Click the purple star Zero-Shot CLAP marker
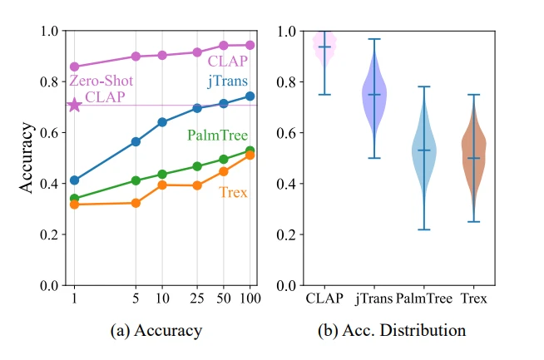tap(75, 105)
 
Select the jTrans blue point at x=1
tap(75, 180)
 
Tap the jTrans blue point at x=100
tap(250, 96)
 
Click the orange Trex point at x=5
tap(136, 203)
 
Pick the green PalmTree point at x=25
tap(197, 166)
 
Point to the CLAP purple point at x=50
tap(223, 46)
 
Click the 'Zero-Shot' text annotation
tap(97, 81)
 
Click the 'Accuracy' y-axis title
tap(27, 158)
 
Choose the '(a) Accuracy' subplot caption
tap(156, 331)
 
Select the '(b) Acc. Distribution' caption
tap(393, 331)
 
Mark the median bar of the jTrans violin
tap(374, 95)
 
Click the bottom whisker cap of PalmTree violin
tap(424, 229)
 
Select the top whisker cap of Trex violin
tap(474, 95)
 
